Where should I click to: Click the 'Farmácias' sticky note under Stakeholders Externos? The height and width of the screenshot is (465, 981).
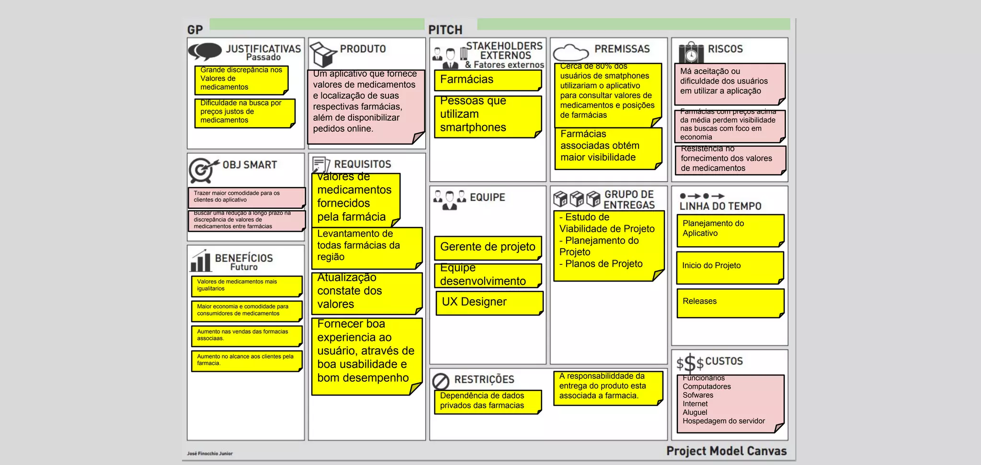[x=488, y=80]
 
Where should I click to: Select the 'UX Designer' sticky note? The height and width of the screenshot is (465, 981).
[x=489, y=303]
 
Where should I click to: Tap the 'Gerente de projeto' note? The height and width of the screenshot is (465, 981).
[x=488, y=248]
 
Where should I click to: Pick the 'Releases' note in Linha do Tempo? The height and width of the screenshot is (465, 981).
[x=730, y=303]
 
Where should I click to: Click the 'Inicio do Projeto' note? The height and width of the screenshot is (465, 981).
[x=730, y=267]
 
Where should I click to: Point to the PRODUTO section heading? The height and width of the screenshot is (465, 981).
[x=363, y=49]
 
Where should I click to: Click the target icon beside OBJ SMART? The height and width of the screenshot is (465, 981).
[x=202, y=170]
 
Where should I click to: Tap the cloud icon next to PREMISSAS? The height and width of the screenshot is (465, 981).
[x=570, y=52]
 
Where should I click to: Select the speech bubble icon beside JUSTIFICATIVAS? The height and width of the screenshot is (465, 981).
[x=205, y=51]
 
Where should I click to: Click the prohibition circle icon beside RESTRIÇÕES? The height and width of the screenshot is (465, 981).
[x=441, y=381]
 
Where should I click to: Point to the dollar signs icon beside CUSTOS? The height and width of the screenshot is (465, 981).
[x=690, y=363]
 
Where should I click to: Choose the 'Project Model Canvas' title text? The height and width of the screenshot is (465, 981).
[x=726, y=451]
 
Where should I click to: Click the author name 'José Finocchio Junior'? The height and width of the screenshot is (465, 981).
[x=210, y=454]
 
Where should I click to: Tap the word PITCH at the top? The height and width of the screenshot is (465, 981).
[x=445, y=30]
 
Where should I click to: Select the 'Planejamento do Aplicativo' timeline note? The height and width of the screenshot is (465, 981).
[x=730, y=230]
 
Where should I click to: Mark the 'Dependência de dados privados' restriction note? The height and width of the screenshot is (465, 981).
[x=488, y=401]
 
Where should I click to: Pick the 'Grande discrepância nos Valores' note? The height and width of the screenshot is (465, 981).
[x=241, y=79]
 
